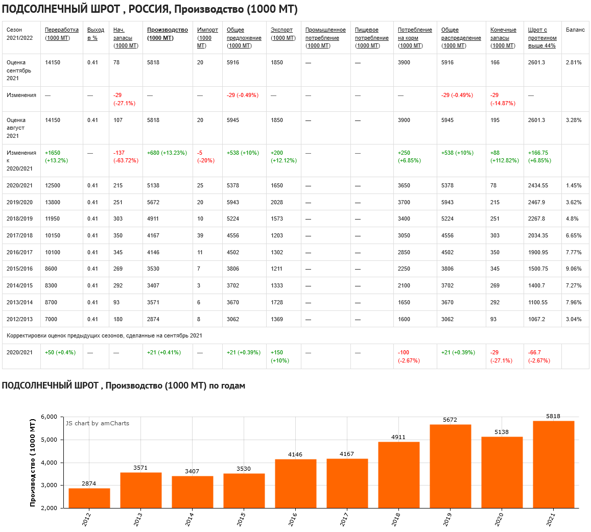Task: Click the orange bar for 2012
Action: (x=89, y=498)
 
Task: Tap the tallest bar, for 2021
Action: (x=553, y=464)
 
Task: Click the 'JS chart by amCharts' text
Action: (x=98, y=423)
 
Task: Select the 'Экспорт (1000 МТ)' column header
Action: (x=283, y=34)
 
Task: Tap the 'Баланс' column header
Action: (x=575, y=30)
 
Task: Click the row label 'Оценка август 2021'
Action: (x=16, y=128)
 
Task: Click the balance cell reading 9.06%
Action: (x=574, y=269)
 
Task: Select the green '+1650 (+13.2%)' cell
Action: (x=57, y=156)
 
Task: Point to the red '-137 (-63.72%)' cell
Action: (x=126, y=156)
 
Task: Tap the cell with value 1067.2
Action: (x=538, y=319)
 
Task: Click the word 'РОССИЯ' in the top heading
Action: (x=149, y=10)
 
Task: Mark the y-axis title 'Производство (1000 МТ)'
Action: (x=33, y=462)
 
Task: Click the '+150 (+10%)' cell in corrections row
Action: (x=279, y=356)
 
